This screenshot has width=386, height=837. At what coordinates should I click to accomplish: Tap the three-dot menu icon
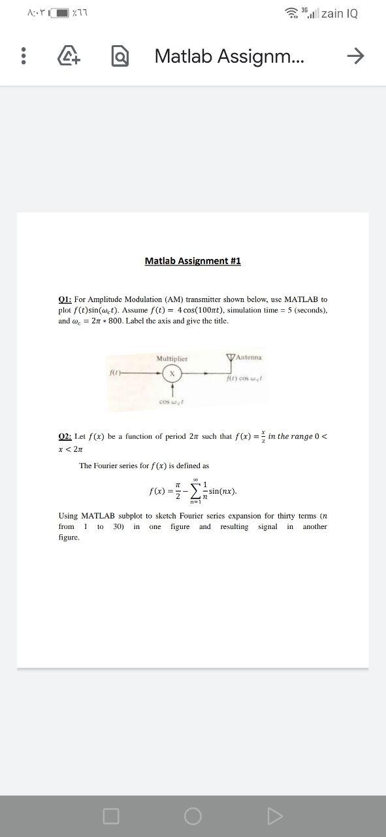24,56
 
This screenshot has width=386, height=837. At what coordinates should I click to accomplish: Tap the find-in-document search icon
118,57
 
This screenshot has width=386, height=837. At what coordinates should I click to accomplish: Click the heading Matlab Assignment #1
193,261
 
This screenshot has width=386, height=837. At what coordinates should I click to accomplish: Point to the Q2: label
65,436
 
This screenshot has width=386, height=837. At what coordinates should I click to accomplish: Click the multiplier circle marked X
172,373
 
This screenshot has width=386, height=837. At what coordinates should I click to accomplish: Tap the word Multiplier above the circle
172,358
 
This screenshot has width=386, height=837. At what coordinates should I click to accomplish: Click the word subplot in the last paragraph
131,516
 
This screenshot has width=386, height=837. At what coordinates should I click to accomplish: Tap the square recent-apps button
111,815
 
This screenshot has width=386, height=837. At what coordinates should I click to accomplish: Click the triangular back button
275,815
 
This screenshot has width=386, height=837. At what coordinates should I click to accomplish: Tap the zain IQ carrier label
340,13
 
